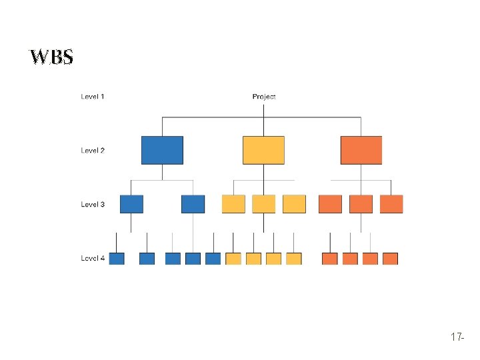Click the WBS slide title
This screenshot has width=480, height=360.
tap(51, 57)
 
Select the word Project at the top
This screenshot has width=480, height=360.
tap(264, 97)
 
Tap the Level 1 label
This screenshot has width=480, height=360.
tap(93, 97)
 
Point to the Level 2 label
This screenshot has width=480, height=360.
tap(93, 151)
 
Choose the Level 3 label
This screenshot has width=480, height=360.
tap(93, 204)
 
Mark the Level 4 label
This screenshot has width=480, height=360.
tap(93, 258)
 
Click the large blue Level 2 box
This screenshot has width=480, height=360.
tap(162, 150)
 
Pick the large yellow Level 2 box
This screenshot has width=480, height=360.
tap(263, 150)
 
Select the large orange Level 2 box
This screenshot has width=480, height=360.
tap(361, 150)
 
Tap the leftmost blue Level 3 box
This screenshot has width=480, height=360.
tap(131, 204)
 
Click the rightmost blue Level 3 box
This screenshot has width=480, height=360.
tap(193, 204)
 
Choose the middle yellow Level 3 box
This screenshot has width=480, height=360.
tap(263, 204)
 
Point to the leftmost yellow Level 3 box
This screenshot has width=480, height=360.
tap(233, 204)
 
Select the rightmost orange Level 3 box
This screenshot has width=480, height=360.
tap(391, 204)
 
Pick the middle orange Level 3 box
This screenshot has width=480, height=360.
tap(361, 204)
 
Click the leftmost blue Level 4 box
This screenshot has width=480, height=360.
tap(117, 259)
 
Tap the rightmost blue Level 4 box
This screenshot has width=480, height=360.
tap(213, 259)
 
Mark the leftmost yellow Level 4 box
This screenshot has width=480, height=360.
tap(233, 259)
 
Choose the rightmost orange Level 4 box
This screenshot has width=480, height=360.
tap(391, 259)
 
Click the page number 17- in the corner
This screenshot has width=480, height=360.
tap(457, 338)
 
